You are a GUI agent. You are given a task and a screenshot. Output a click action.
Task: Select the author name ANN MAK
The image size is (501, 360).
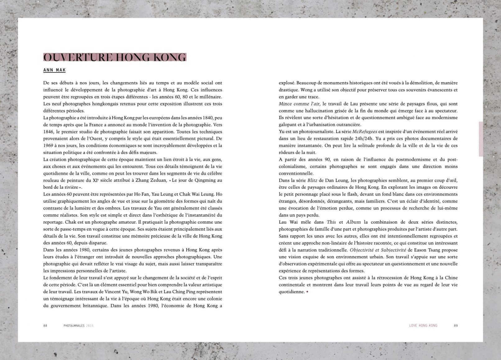(x=54, y=70)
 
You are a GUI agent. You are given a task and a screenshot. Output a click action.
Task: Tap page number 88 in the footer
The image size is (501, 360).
(x=45, y=325)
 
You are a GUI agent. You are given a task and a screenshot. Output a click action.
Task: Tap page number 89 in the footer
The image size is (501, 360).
(x=456, y=325)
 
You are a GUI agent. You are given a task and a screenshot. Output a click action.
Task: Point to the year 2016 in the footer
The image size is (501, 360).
(x=90, y=325)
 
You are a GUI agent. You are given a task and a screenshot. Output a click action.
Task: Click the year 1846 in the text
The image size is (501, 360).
(x=48, y=132)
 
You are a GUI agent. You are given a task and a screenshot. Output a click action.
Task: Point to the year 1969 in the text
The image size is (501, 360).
(x=48, y=145)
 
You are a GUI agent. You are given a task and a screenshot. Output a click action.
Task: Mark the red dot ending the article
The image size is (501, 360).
(x=307, y=292)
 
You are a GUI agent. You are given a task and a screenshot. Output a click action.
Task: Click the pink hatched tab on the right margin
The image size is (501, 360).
(x=481, y=139)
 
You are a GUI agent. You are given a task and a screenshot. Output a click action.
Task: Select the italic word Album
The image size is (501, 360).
(x=353, y=222)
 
